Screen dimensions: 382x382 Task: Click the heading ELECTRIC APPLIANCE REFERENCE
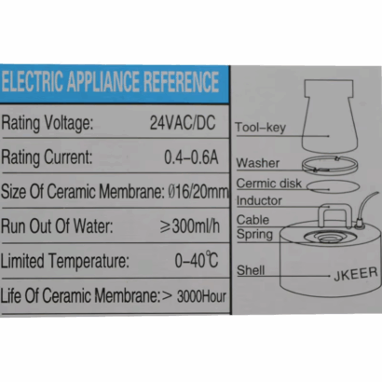coord(110,82)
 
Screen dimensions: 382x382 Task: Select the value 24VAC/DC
coord(183,122)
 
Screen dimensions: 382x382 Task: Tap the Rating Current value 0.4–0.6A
coord(191,157)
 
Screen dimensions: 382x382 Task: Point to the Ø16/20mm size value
coord(198,192)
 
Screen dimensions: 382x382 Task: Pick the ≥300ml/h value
coord(190,225)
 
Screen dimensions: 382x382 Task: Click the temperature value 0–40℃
coord(197,260)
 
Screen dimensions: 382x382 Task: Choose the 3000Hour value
coord(201,296)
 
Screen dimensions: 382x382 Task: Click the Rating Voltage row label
coord(48,123)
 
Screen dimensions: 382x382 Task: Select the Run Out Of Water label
coord(57,225)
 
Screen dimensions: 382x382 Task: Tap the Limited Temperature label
coord(64,261)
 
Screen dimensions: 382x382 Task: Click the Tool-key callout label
coord(260,128)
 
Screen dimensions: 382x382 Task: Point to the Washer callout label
coord(258,163)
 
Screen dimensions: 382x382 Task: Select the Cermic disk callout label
coord(269,184)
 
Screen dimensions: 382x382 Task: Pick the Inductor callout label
coord(259,200)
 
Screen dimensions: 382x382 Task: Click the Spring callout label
coord(254,235)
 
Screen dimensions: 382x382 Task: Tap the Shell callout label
coord(251,270)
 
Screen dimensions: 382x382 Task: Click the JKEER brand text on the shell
coord(356,274)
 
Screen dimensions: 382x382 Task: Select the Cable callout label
coord(252,220)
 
